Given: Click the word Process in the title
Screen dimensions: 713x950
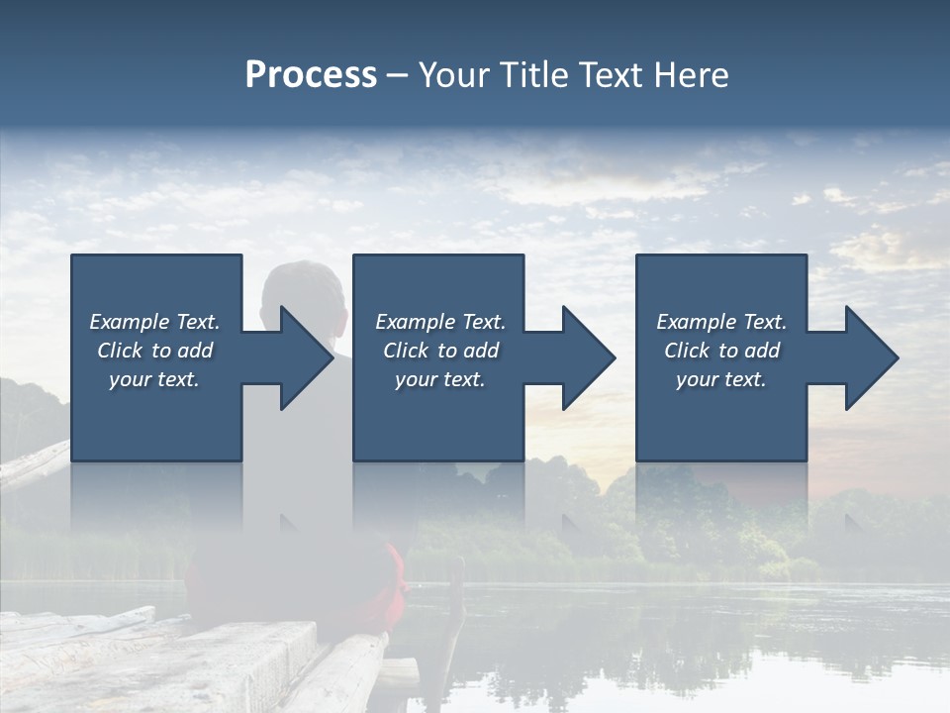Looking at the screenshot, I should (311, 75).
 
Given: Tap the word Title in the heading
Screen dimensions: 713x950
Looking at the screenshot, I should (529, 75).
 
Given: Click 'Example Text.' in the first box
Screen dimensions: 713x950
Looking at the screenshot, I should (154, 322).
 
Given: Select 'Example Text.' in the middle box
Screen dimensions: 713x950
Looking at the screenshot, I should (440, 322).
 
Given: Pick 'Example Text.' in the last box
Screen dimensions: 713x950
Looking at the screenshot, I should (721, 322).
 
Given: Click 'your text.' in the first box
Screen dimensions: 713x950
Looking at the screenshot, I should (154, 379).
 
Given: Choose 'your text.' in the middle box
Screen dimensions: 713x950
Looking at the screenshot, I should (440, 379).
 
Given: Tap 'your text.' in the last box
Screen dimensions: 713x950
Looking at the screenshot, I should (721, 379).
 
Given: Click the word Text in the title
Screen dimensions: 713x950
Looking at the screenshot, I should (608, 75).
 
